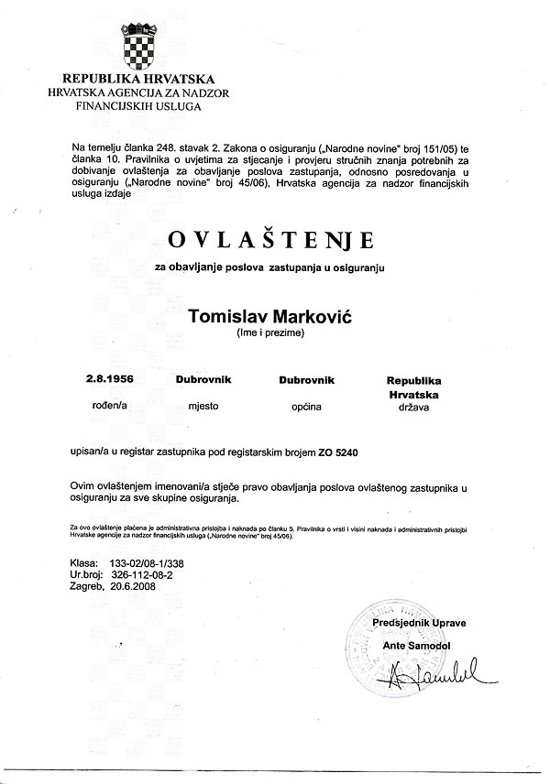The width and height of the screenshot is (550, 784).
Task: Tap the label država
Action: click(413, 408)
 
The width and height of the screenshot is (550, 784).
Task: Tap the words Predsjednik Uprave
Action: click(420, 623)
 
